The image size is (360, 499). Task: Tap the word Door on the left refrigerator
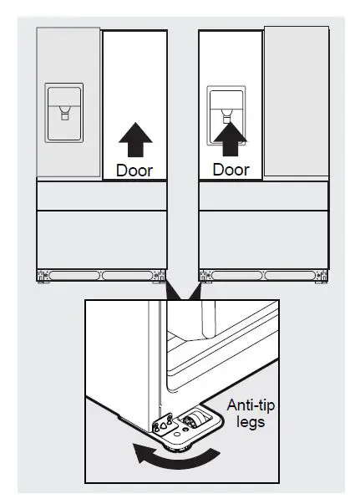tap(134, 170)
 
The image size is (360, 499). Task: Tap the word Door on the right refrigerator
tap(231, 170)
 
